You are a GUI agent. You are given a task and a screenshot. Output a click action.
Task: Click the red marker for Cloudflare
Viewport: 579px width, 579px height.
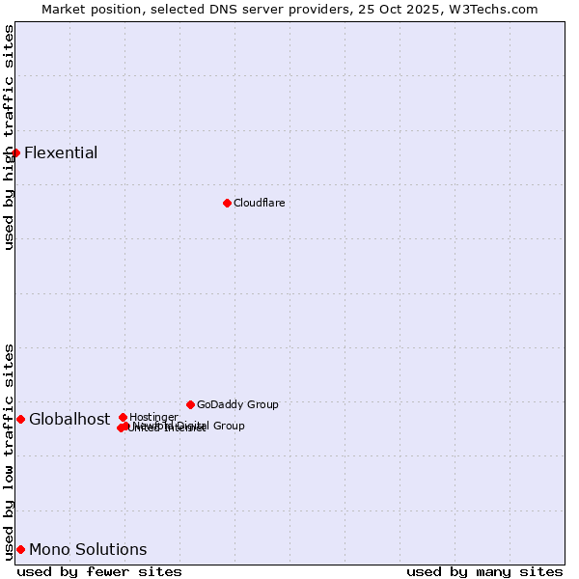click(227, 203)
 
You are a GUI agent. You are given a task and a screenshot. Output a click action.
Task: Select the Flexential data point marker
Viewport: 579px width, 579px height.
click(15, 152)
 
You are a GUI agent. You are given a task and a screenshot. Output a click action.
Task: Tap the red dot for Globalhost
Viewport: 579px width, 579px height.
click(20, 419)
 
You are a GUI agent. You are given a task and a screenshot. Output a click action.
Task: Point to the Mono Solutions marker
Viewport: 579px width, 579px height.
click(20, 549)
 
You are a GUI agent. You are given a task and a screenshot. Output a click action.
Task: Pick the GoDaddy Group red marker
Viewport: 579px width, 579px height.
click(190, 404)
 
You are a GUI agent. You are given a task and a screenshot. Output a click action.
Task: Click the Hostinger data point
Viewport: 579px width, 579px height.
click(123, 417)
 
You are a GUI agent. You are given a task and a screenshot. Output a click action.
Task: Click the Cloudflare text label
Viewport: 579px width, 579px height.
click(259, 203)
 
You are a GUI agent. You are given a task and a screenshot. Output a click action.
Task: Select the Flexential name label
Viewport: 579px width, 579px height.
click(61, 152)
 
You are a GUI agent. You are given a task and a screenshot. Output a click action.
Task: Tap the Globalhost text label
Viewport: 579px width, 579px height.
click(69, 419)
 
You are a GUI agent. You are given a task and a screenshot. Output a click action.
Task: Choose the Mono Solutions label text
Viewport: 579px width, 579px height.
click(88, 549)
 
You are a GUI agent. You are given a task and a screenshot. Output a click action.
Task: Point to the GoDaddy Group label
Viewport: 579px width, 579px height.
click(237, 404)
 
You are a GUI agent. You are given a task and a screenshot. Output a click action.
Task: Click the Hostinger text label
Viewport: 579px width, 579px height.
click(153, 417)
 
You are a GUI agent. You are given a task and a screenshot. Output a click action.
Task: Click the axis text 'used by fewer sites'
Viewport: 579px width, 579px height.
click(99, 571)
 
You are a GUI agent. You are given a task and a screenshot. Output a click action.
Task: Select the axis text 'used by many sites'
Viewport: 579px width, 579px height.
click(484, 571)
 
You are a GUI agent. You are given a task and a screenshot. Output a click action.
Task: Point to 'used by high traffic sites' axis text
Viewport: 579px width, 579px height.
click(9, 137)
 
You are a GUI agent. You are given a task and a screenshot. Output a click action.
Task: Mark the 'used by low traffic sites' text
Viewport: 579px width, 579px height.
click(9, 451)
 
